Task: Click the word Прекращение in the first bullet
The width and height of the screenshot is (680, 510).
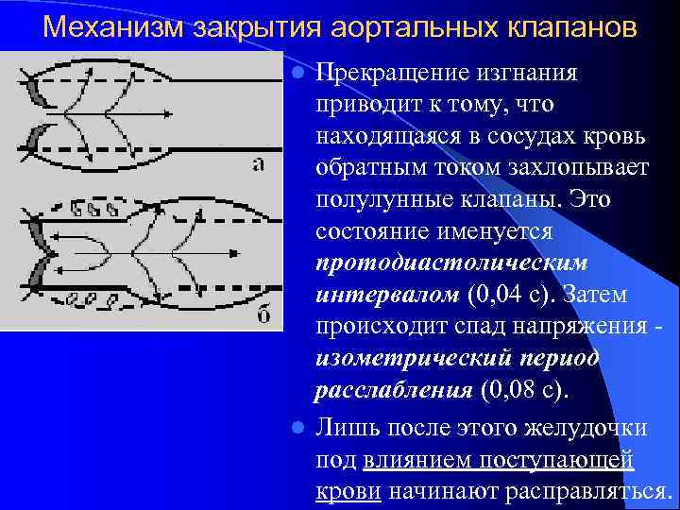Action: (398, 73)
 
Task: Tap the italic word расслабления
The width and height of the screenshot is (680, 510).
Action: (394, 390)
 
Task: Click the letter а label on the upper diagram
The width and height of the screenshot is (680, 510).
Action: (258, 164)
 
